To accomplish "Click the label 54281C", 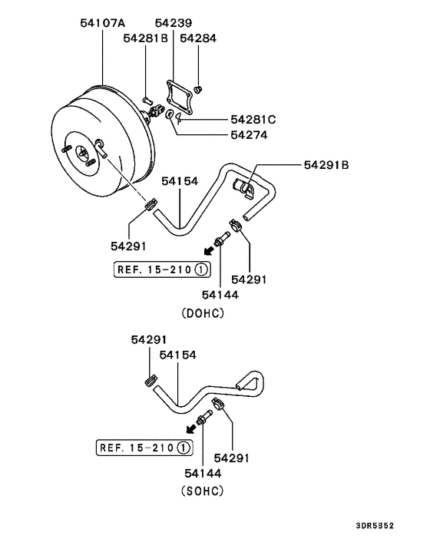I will (x=254, y=120).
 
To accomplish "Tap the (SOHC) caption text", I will (x=203, y=489).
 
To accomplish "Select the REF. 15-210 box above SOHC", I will (x=144, y=447).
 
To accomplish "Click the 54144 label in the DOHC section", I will (x=220, y=294).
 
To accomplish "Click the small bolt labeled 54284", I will (x=199, y=89).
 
